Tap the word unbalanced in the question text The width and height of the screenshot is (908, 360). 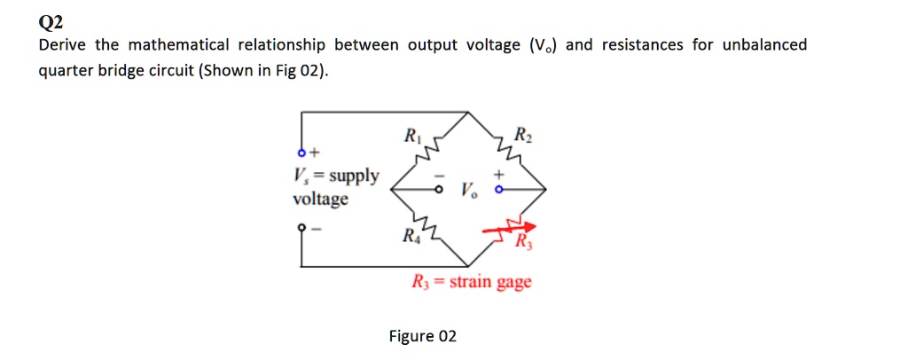pyautogui.click(x=764, y=45)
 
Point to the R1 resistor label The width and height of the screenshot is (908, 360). pyautogui.click(x=411, y=137)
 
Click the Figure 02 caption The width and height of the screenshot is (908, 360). pyautogui.click(x=423, y=336)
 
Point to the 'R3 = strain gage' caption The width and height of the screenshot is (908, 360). pyautogui.click(x=472, y=283)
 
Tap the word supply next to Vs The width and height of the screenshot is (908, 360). pyautogui.click(x=353, y=176)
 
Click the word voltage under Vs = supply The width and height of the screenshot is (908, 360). pyautogui.click(x=320, y=199)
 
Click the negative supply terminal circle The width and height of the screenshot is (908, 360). pyautogui.click(x=301, y=227)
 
